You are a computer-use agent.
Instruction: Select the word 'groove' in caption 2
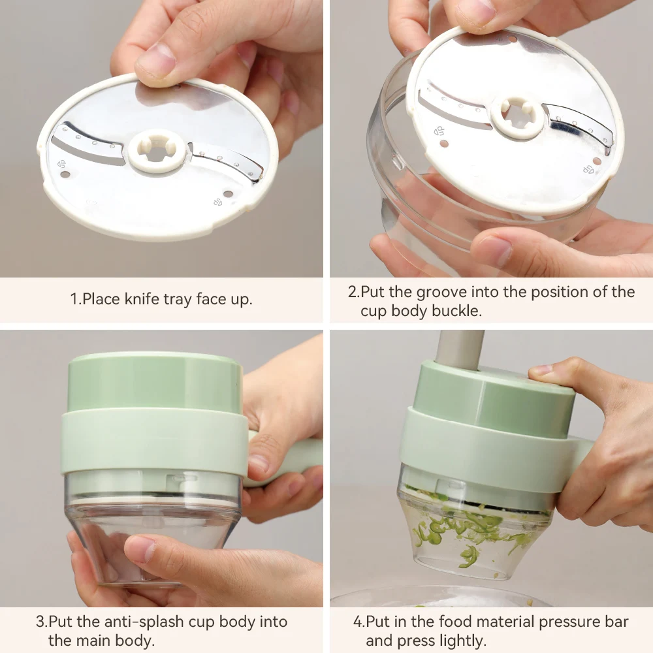441,292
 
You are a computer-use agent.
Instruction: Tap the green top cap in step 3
155,383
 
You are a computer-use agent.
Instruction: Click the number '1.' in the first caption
76,299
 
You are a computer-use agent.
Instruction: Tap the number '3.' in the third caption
42,622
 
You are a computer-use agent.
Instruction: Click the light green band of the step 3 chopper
153,443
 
